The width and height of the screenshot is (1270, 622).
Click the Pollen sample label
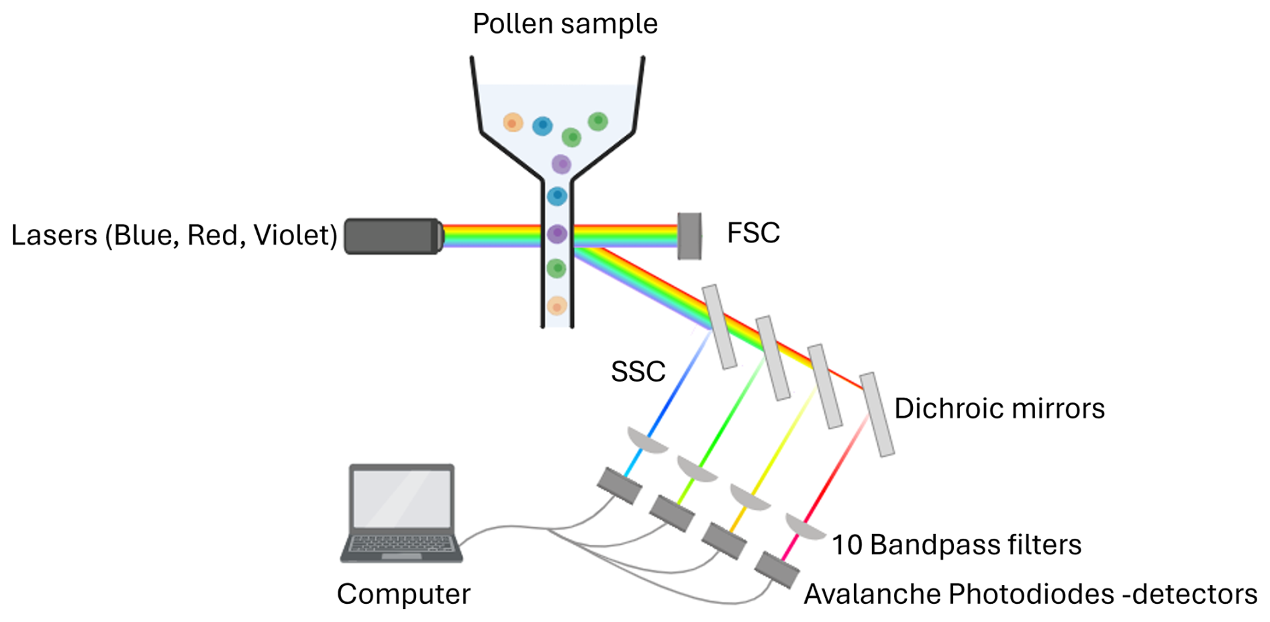point(565,24)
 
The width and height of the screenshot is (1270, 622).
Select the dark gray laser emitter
point(393,236)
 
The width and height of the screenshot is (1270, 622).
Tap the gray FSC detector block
point(689,236)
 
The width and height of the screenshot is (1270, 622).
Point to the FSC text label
point(753,233)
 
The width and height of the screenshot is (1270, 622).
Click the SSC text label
point(638,371)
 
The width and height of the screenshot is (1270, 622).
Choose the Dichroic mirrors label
point(999,408)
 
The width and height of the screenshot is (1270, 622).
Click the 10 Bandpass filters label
point(956,545)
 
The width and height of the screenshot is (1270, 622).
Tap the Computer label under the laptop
point(403,594)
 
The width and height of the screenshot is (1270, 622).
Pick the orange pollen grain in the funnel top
point(513,123)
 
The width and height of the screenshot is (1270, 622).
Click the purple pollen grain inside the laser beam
point(557,234)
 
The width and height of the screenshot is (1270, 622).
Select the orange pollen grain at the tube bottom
point(556,306)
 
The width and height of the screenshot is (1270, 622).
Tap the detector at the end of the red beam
point(777,570)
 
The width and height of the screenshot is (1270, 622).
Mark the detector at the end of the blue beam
point(619,485)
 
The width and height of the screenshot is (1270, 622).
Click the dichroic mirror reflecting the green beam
point(773,358)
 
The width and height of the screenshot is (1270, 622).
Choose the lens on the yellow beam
point(749,497)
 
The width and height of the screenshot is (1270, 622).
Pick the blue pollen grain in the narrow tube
point(557,196)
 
